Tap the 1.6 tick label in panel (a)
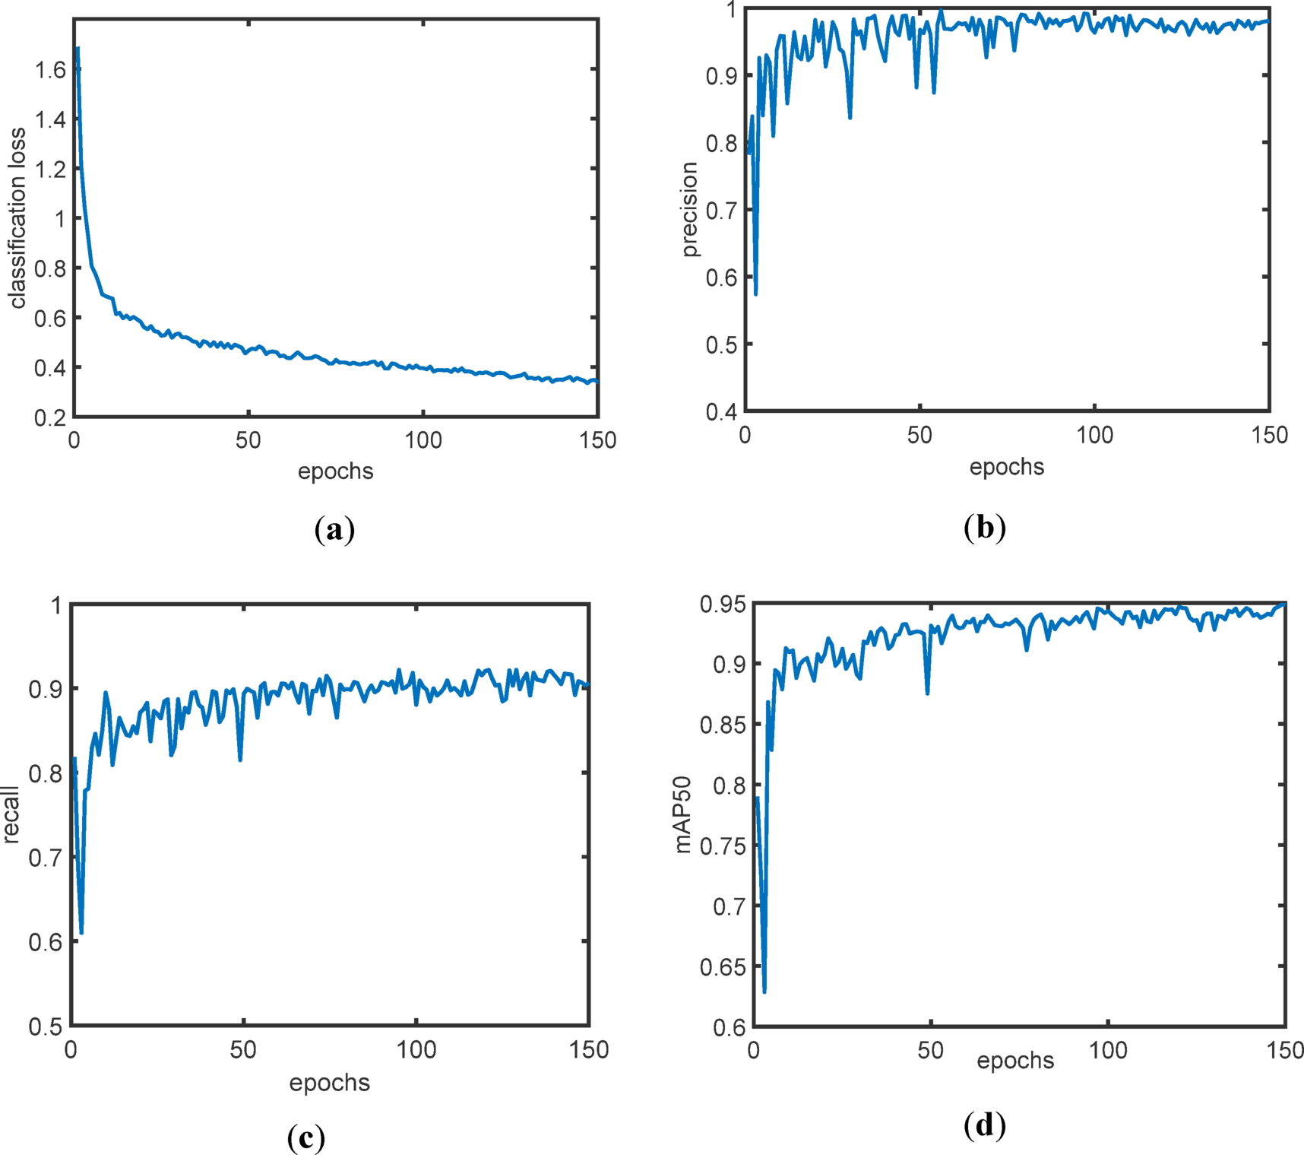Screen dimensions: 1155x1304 pyautogui.click(x=51, y=71)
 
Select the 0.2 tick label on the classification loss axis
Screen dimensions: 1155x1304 pyautogui.click(x=51, y=417)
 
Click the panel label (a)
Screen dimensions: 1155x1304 pyautogui.click(x=334, y=529)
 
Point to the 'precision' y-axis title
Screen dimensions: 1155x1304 pyautogui.click(x=690, y=209)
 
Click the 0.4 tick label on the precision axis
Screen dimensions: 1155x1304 pyautogui.click(x=721, y=412)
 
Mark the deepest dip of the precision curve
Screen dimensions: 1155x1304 pyautogui.click(x=755, y=293)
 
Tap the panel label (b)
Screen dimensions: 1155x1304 pyautogui.click(x=984, y=527)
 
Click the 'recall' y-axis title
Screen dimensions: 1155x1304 pyautogui.click(x=11, y=814)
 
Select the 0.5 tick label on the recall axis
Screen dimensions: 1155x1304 pyautogui.click(x=45, y=1026)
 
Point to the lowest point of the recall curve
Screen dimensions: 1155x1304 pyautogui.click(x=81, y=932)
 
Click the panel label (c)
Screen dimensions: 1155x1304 pyautogui.click(x=306, y=1138)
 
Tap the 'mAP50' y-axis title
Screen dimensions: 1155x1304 pyautogui.click(x=683, y=814)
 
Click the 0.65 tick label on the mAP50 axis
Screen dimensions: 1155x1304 pyautogui.click(x=723, y=967)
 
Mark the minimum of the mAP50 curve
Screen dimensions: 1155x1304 pyautogui.click(x=764, y=991)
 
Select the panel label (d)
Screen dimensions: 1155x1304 pyautogui.click(x=984, y=1125)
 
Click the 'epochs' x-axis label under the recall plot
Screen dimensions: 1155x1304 pyautogui.click(x=329, y=1083)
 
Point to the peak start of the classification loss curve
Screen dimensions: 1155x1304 pyautogui.click(x=78, y=48)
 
